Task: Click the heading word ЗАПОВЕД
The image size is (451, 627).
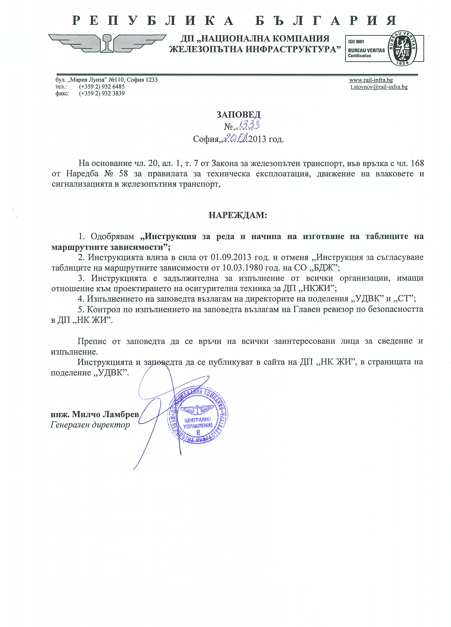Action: click(x=238, y=114)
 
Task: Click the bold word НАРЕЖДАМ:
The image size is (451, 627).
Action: click(x=238, y=215)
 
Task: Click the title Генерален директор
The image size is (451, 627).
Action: click(x=90, y=425)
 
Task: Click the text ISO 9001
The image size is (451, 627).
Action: click(x=356, y=42)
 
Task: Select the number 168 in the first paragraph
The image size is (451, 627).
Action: click(x=417, y=163)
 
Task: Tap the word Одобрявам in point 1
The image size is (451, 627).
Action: click(x=112, y=236)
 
